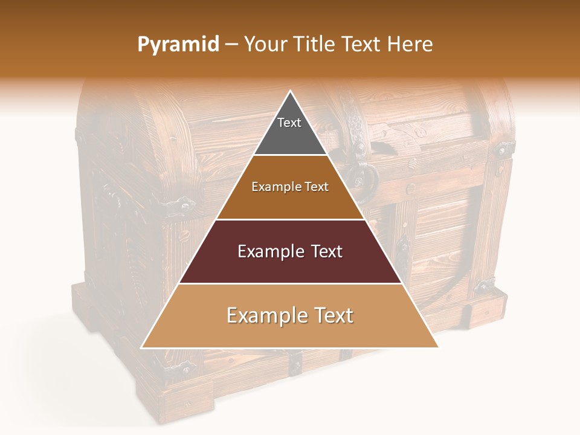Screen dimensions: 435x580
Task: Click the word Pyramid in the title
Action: [178, 45]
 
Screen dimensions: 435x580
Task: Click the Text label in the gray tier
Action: [289, 123]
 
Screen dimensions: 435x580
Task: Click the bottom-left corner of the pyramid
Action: [143, 347]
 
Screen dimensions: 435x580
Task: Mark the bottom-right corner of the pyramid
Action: [437, 347]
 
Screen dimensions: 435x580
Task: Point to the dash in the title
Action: [231, 45]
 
